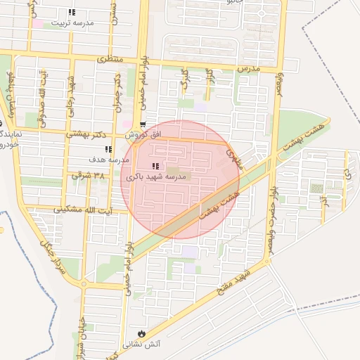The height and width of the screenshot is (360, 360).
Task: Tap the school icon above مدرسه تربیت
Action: tap(72, 12)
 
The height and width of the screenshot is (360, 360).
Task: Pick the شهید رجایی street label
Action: tap(71, 94)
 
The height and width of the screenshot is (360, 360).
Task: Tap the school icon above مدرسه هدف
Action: tap(108, 149)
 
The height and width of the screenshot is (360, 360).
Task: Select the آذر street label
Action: tap(324, 201)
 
